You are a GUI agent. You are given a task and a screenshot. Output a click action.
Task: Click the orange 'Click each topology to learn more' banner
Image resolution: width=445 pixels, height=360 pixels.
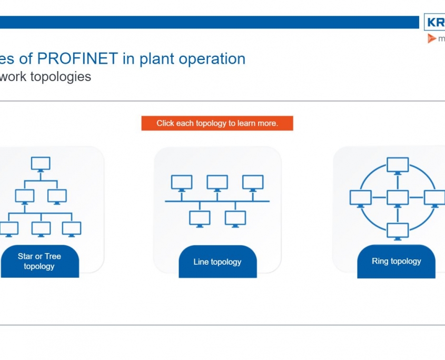(217, 123)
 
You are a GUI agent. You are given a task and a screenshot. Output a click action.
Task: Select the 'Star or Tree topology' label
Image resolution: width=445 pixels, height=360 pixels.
(39, 261)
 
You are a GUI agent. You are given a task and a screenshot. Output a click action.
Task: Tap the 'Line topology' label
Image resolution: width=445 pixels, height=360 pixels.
(217, 262)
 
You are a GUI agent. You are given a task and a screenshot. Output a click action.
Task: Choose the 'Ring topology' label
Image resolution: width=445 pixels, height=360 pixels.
(396, 261)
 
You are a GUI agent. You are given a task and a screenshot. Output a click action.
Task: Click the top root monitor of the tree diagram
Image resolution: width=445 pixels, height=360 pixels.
(41, 163)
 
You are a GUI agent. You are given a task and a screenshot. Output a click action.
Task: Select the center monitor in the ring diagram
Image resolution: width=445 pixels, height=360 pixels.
(398, 197)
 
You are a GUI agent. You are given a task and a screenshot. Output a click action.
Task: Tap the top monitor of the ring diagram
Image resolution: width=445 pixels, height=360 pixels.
(398, 165)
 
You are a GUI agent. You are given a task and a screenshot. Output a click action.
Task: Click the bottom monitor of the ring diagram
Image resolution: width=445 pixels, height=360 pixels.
(398, 230)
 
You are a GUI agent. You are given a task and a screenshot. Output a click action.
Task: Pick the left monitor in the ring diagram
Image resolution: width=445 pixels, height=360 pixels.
(361, 197)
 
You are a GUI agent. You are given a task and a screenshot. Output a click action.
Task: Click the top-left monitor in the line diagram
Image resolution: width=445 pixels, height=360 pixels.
(182, 183)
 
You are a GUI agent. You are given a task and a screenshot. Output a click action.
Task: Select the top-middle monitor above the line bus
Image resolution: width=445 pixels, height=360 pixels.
(217, 183)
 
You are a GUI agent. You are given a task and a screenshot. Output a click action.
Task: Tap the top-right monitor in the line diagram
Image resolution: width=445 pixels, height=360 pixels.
(253, 183)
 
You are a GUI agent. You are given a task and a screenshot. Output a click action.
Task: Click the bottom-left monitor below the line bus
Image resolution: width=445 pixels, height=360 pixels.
(200, 217)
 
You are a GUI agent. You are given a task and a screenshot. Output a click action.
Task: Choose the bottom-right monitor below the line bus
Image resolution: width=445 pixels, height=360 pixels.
(235, 217)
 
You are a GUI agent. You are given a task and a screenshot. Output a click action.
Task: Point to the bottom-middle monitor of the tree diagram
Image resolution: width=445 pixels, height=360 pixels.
(41, 228)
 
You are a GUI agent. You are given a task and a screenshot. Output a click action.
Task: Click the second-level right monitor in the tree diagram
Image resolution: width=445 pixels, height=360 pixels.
(57, 196)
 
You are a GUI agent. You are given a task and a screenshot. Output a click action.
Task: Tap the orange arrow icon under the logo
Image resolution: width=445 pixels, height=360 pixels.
(432, 38)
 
